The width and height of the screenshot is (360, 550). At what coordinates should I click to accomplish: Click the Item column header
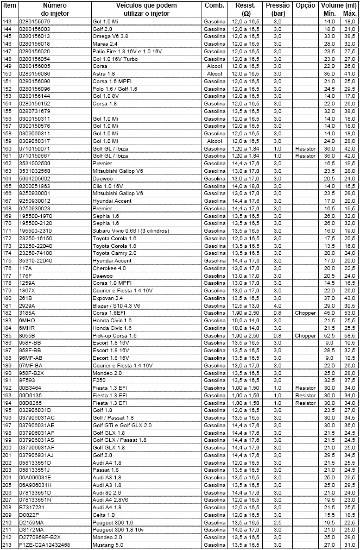click(9, 5)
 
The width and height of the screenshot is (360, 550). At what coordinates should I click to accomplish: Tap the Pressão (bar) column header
click(277, 8)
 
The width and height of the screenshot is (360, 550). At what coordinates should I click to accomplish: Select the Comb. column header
click(214, 5)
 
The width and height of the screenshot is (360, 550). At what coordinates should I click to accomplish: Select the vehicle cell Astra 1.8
click(105, 73)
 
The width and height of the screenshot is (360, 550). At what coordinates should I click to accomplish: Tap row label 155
click(7, 111)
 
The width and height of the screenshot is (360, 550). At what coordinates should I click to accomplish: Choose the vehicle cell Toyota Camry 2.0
click(113, 253)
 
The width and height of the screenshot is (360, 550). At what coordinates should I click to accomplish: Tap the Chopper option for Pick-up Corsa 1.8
click(305, 335)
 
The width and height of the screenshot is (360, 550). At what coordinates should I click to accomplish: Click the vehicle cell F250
click(98, 380)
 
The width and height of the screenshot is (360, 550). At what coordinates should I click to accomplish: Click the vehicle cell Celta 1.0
click(103, 515)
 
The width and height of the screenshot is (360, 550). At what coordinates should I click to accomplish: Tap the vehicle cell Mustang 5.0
click(108, 545)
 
